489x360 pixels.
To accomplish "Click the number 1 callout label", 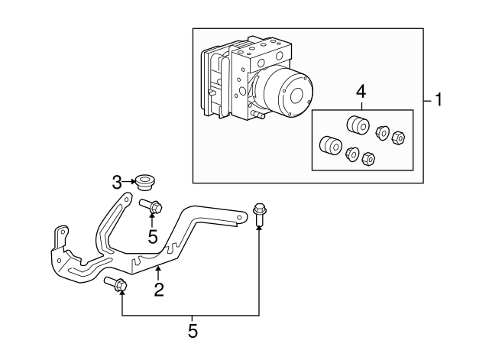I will pyautogui.click(x=439, y=99).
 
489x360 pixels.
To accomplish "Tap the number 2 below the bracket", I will pyautogui.click(x=159, y=289).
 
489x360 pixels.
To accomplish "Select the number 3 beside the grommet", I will pyautogui.click(x=117, y=182).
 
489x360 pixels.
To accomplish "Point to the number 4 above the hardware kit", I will pyautogui.click(x=361, y=92).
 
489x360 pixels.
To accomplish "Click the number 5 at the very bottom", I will pyautogui.click(x=193, y=331).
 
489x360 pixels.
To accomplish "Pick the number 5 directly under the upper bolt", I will pyautogui.click(x=153, y=237).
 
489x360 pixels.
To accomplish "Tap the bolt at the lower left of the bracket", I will pyautogui.click(x=116, y=284).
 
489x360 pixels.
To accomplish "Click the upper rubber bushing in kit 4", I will pyautogui.click(x=356, y=125).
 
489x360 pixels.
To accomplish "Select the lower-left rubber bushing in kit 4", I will pyautogui.click(x=330, y=145).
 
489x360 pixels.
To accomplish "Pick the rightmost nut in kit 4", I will pyautogui.click(x=397, y=138).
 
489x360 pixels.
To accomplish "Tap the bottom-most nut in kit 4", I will pyautogui.click(x=368, y=159).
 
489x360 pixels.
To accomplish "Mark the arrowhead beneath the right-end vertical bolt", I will pyautogui.click(x=258, y=230).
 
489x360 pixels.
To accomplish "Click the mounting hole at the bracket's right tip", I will pyautogui.click(x=241, y=220).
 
